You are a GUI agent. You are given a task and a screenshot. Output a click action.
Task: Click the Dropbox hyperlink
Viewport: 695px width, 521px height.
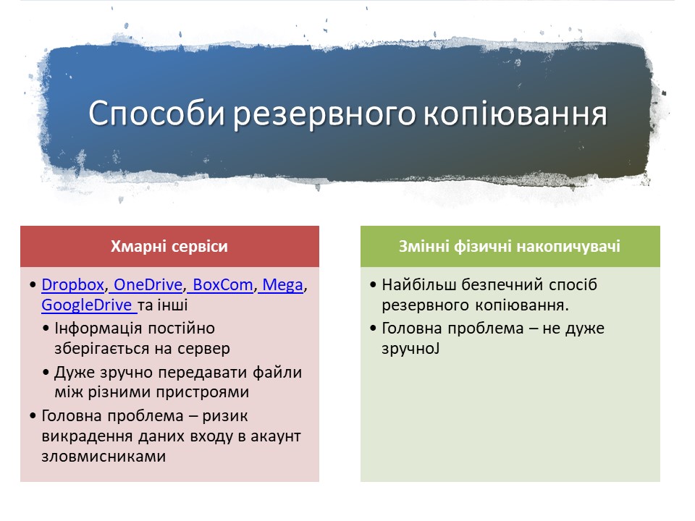click(x=72, y=285)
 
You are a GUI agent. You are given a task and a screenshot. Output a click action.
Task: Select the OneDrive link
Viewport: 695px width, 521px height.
click(x=148, y=285)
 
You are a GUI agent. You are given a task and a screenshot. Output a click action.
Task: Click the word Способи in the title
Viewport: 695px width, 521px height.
click(x=157, y=114)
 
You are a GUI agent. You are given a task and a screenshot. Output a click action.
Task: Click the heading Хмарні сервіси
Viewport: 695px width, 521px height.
click(x=169, y=246)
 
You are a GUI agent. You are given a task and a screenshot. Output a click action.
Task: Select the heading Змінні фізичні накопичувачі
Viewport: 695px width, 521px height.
click(x=509, y=246)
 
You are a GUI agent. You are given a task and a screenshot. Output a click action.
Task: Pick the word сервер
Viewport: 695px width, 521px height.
click(x=204, y=349)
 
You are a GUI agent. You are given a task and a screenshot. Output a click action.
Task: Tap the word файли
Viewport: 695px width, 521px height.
click(x=277, y=373)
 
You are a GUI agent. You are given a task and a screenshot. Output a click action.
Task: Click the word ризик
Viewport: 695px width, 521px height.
click(x=224, y=417)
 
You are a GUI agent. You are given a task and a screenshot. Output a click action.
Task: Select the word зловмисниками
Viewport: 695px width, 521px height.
click(x=104, y=457)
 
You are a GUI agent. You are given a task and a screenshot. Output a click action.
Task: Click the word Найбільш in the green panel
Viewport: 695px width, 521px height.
click(x=419, y=285)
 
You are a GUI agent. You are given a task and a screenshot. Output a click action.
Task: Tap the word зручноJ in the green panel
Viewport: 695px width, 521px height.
click(x=410, y=350)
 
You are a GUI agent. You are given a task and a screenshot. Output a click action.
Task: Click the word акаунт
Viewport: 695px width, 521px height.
click(x=276, y=436)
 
